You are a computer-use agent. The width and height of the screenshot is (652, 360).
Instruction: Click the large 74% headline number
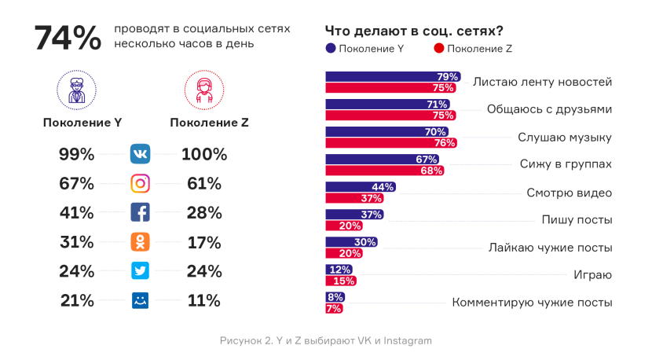[68, 39]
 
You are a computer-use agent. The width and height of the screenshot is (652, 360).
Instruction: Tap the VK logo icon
[140, 154]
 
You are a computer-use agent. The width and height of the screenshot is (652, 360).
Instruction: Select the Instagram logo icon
[140, 184]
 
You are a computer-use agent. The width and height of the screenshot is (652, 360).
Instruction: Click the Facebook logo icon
[140, 212]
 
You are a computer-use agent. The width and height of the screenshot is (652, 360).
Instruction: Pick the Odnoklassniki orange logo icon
[140, 242]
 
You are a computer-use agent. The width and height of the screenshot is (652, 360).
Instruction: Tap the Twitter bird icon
[140, 271]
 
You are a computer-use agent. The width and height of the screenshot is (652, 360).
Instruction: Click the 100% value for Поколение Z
[203, 154]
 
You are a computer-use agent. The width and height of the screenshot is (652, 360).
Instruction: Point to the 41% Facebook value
[77, 212]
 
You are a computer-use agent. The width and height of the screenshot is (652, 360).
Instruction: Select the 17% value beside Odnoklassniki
[203, 242]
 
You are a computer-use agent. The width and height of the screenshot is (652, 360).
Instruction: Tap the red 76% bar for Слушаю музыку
[390, 143]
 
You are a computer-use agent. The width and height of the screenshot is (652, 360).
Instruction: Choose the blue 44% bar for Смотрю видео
[359, 187]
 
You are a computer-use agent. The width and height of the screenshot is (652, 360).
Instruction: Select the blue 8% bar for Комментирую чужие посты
[334, 297]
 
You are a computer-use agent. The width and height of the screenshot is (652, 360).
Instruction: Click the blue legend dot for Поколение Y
[331, 49]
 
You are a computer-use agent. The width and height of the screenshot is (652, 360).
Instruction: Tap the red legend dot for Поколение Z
[438, 49]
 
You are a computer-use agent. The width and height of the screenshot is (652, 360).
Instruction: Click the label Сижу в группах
[566, 165]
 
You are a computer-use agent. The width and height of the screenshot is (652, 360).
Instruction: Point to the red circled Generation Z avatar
[203, 89]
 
